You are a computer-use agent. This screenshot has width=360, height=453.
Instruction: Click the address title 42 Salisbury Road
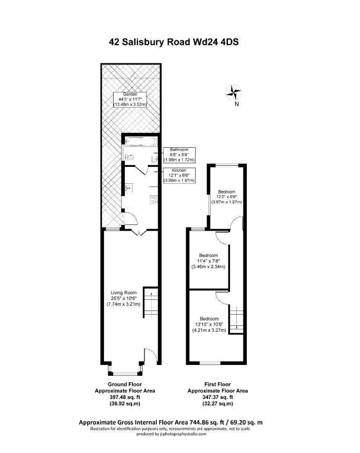coord(174,42)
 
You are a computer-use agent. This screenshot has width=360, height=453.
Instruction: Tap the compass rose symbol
coord(234,92)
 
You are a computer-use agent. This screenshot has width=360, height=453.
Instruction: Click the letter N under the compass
coord(236,104)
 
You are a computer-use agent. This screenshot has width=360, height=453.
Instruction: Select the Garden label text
coord(130,99)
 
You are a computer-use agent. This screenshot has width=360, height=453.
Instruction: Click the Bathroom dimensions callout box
coord(176,155)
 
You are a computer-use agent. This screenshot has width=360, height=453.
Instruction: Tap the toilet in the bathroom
coord(129,158)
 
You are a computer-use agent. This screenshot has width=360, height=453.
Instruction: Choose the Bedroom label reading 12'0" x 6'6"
coord(226,197)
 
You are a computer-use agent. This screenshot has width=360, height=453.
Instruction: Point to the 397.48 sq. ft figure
coord(125,397)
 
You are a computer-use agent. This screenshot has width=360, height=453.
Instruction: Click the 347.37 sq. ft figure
coord(217,397)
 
